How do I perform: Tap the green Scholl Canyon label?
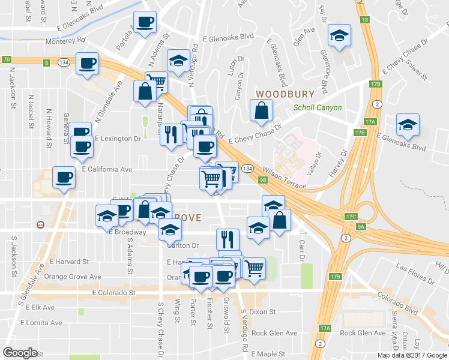318,108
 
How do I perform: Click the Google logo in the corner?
20,353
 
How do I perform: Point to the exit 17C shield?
352,217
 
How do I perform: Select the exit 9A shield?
361,227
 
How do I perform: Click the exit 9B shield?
263,180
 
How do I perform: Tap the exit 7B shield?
7,59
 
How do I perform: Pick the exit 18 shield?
365,20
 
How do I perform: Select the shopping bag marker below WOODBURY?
262,110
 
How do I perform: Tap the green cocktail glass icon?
144,125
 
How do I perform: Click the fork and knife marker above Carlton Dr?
227,239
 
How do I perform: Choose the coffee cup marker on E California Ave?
64,177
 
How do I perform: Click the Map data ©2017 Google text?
412,355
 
